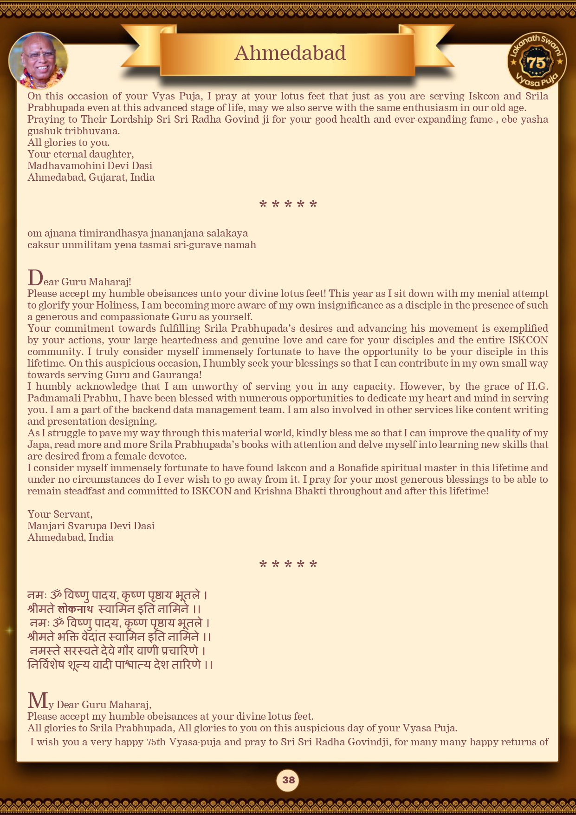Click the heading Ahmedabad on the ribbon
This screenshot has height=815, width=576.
point(290,53)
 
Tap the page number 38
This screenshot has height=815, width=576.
point(288,780)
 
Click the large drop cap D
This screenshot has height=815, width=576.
point(35,278)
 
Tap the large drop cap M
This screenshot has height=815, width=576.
point(38,700)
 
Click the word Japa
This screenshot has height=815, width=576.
point(39,445)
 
